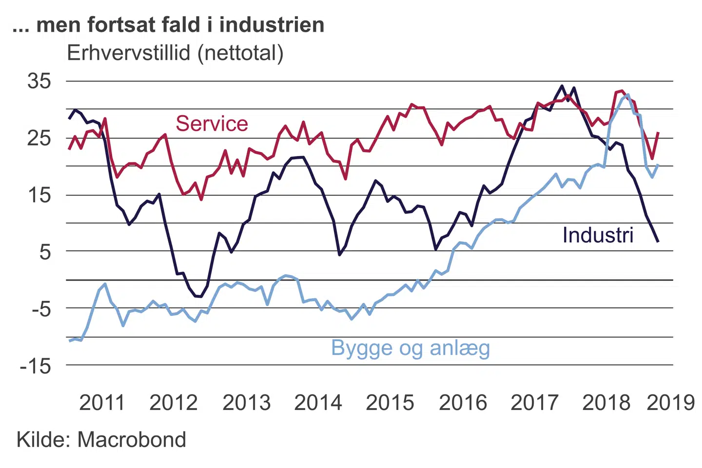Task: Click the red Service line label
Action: (x=212, y=124)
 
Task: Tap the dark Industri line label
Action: (x=598, y=235)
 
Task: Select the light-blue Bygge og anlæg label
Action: (x=410, y=349)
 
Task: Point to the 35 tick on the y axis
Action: (x=39, y=81)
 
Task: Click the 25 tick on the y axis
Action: (x=39, y=138)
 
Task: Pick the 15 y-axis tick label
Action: (x=39, y=195)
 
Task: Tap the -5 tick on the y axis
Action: (x=41, y=309)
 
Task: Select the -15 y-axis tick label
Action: (x=35, y=366)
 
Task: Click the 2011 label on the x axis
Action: (x=102, y=403)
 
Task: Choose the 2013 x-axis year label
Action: (x=246, y=403)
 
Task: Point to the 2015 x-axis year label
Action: (x=390, y=403)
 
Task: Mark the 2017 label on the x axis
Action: (x=534, y=403)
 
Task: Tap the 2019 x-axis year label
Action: (x=670, y=403)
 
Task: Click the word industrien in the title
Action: (x=272, y=25)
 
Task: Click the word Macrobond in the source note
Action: (x=132, y=440)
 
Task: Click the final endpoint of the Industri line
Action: (x=658, y=241)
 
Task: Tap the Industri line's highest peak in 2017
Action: (x=562, y=86)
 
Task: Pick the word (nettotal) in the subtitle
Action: (x=240, y=53)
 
